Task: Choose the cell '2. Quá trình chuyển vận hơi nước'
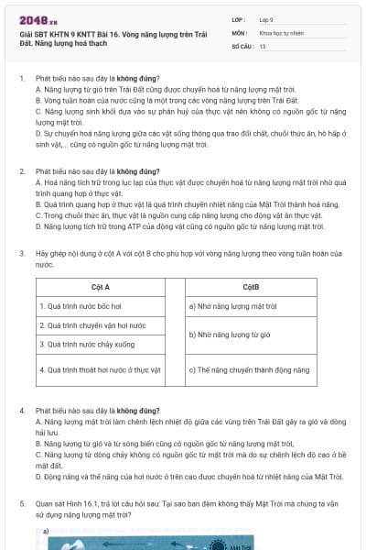[x=92, y=325]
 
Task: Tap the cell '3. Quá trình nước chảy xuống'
[x=87, y=345]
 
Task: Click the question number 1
[x=22, y=81]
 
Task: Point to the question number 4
[x=22, y=412]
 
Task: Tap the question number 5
[x=22, y=503]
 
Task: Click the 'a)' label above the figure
[x=46, y=531]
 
